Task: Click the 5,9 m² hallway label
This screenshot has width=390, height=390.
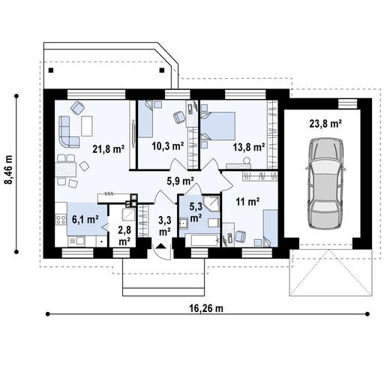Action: click(x=180, y=180)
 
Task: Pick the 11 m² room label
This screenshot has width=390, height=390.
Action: click(x=247, y=201)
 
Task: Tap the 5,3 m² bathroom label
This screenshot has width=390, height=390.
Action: click(x=195, y=212)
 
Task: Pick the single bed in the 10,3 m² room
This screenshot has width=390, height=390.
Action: click(x=145, y=123)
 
